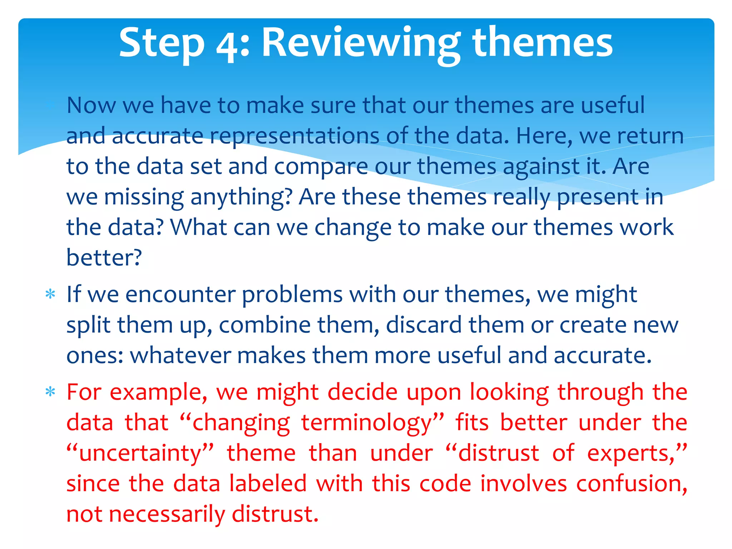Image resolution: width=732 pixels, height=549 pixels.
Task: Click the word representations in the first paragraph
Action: pyautogui.click(x=294, y=136)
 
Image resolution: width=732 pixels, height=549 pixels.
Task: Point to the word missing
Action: pyautogui.click(x=144, y=197)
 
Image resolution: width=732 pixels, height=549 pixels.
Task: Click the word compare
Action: pyautogui.click(x=321, y=167)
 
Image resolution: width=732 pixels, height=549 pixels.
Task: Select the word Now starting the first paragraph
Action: pyautogui.click(x=91, y=105)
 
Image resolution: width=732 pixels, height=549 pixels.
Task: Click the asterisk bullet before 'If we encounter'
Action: pyautogui.click(x=50, y=294)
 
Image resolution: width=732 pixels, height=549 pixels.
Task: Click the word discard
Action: pyautogui.click(x=424, y=325)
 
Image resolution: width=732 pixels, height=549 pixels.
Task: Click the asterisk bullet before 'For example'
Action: pyautogui.click(x=50, y=392)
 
